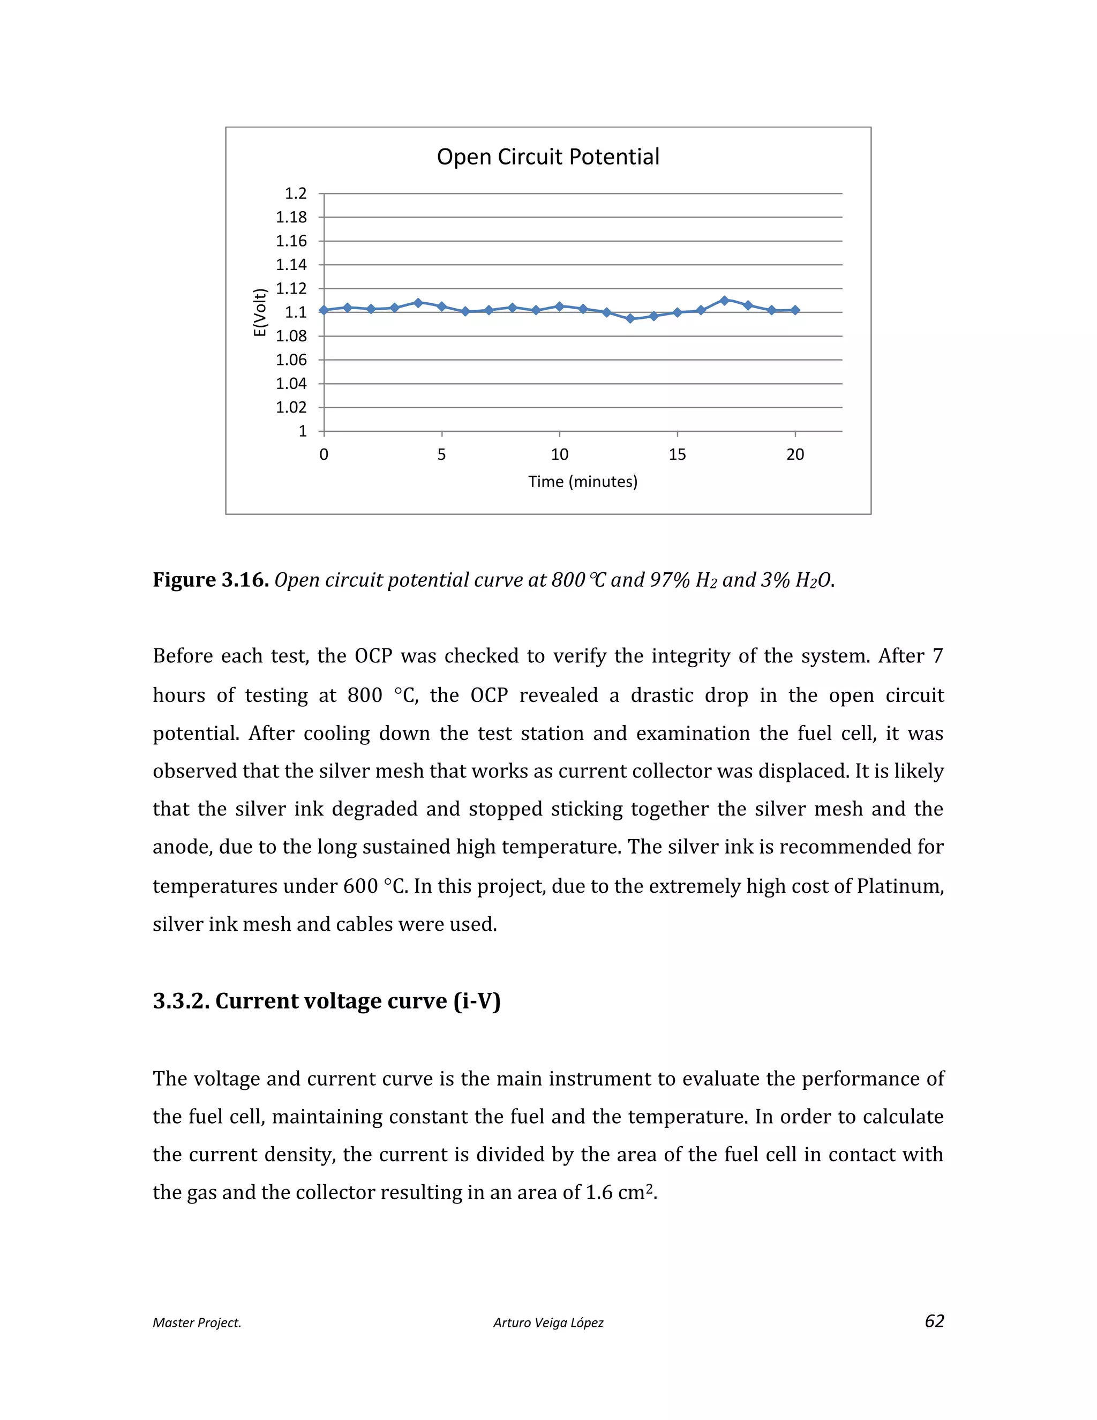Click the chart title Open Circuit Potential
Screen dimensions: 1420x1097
point(548,156)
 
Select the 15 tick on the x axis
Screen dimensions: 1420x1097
point(677,454)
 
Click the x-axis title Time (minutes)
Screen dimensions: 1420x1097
point(582,482)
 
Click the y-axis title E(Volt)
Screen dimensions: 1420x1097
point(260,312)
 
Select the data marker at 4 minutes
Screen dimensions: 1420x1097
point(418,303)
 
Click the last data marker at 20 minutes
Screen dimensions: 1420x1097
point(795,310)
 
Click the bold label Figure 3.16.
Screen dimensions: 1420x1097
point(211,580)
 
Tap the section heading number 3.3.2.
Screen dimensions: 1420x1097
point(181,1002)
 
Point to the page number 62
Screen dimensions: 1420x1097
point(934,1321)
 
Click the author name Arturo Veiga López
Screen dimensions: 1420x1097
point(548,1323)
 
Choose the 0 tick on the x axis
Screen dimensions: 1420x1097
point(324,454)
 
